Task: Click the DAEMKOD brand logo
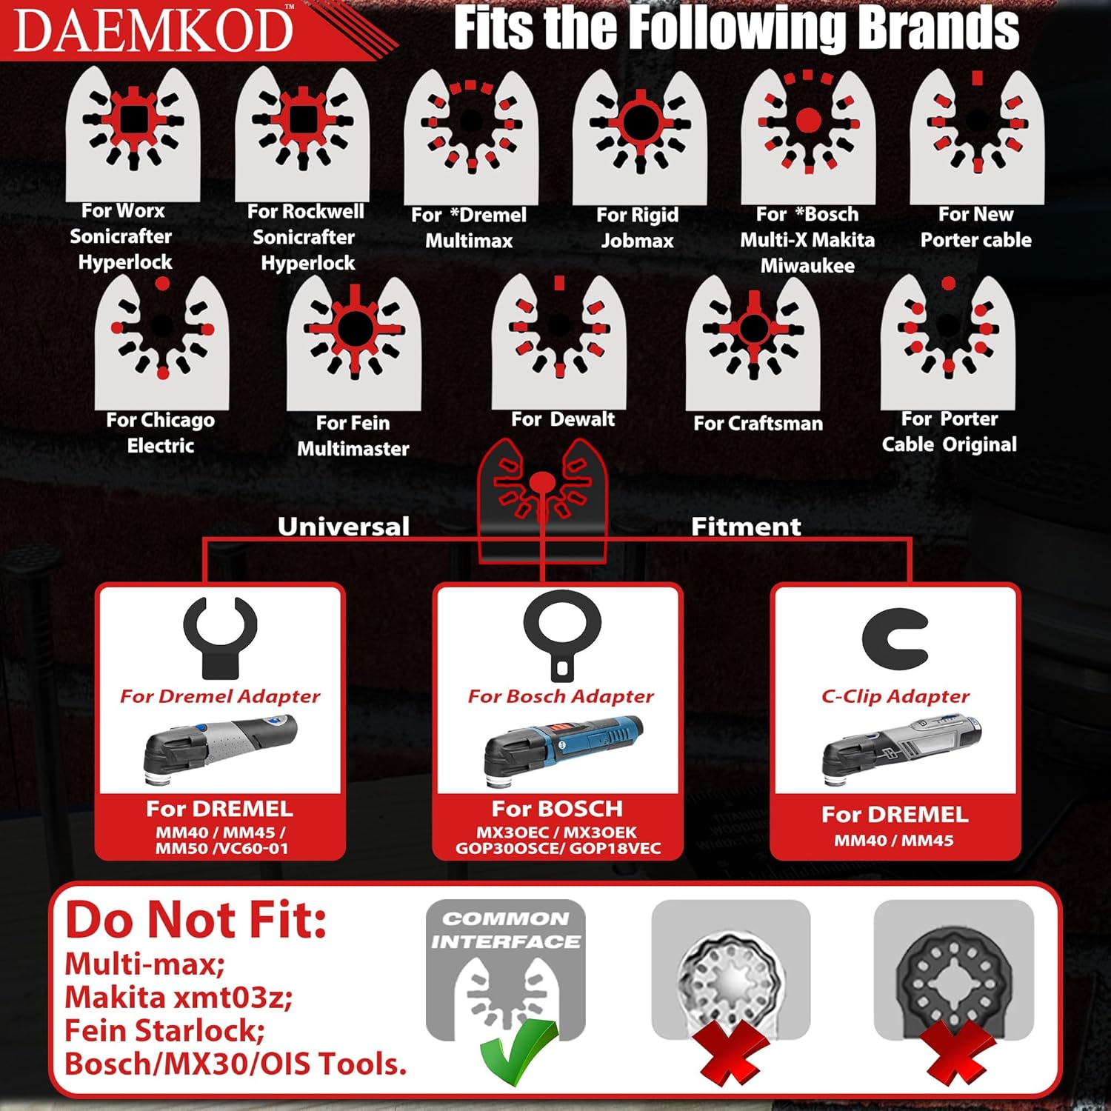[153, 30]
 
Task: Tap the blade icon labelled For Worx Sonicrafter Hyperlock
[133, 133]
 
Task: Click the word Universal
[344, 526]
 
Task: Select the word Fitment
[746, 526]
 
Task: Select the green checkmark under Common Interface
[519, 1052]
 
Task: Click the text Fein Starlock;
[164, 1030]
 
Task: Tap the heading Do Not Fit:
[196, 919]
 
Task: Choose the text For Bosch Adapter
[561, 696]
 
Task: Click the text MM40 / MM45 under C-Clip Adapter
[894, 841]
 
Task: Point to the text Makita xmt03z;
[179, 997]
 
